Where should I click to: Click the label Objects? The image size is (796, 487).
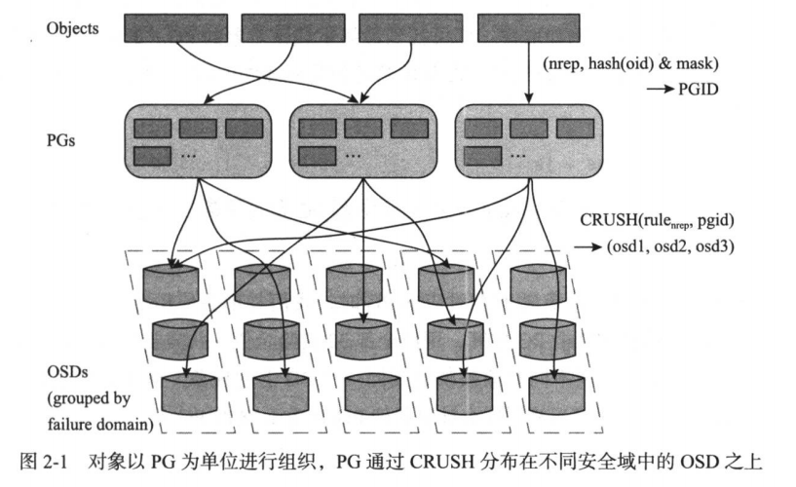tap(73, 28)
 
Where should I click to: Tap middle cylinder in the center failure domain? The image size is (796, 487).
tap(360, 337)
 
